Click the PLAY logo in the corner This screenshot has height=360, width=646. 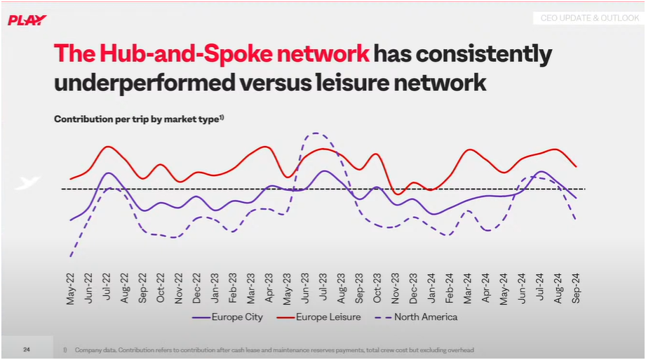(x=27, y=20)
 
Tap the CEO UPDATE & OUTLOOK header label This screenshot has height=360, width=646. (x=589, y=18)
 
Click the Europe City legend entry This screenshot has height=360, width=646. (x=229, y=317)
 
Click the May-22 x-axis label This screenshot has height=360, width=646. (x=71, y=288)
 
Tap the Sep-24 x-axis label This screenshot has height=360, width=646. (x=576, y=288)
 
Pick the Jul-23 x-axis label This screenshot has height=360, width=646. (x=323, y=288)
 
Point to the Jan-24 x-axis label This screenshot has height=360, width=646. (x=431, y=288)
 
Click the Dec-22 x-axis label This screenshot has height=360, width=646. (x=197, y=288)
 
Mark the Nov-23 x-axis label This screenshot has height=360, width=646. (x=396, y=288)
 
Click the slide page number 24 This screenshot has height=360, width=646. (x=27, y=349)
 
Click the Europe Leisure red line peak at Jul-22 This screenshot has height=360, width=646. (x=108, y=147)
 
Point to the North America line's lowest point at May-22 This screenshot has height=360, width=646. (x=71, y=256)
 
